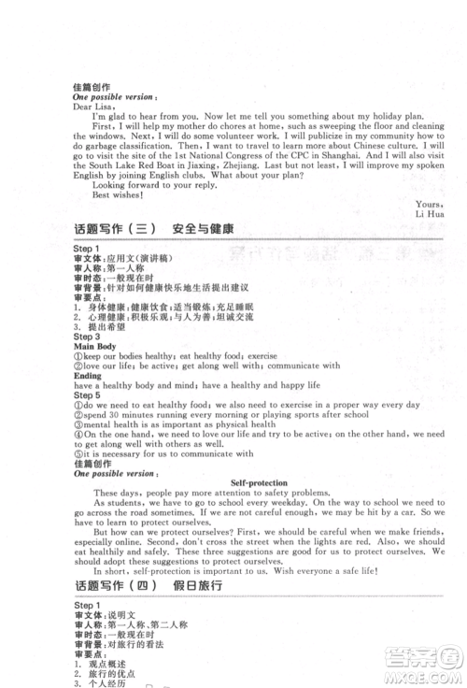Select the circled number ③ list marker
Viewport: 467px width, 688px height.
(x=78, y=424)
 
